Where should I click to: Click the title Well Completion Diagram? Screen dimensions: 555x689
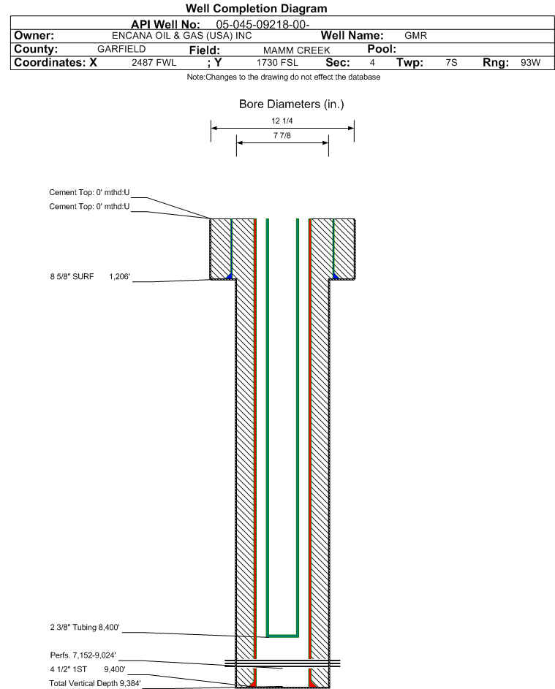point(257,8)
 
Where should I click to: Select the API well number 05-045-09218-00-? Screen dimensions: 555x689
point(263,25)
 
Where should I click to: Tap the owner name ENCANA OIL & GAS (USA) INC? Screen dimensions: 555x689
point(181,36)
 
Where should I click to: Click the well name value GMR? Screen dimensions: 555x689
point(415,36)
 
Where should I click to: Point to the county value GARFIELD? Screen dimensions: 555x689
point(121,49)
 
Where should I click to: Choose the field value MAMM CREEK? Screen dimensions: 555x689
point(296,50)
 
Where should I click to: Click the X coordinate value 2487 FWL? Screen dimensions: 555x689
point(154,63)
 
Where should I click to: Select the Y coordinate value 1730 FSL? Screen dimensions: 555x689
point(277,63)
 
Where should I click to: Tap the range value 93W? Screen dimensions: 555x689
point(530,63)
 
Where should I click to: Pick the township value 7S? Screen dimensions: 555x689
point(451,63)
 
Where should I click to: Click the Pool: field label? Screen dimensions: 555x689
point(382,49)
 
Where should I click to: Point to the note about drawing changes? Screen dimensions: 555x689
point(284,77)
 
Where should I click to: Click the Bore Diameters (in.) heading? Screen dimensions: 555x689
point(292,104)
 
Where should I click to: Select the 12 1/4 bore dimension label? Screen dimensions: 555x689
point(282,121)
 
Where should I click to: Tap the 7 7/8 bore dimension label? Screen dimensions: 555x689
point(282,136)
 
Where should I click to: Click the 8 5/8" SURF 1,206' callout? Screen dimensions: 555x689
point(90,276)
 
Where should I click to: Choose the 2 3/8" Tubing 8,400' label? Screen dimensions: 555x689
point(85,627)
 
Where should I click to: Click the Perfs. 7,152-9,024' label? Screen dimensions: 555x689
point(83,655)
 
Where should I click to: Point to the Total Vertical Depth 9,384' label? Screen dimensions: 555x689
point(95,683)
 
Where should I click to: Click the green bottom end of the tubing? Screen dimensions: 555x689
point(283,636)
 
